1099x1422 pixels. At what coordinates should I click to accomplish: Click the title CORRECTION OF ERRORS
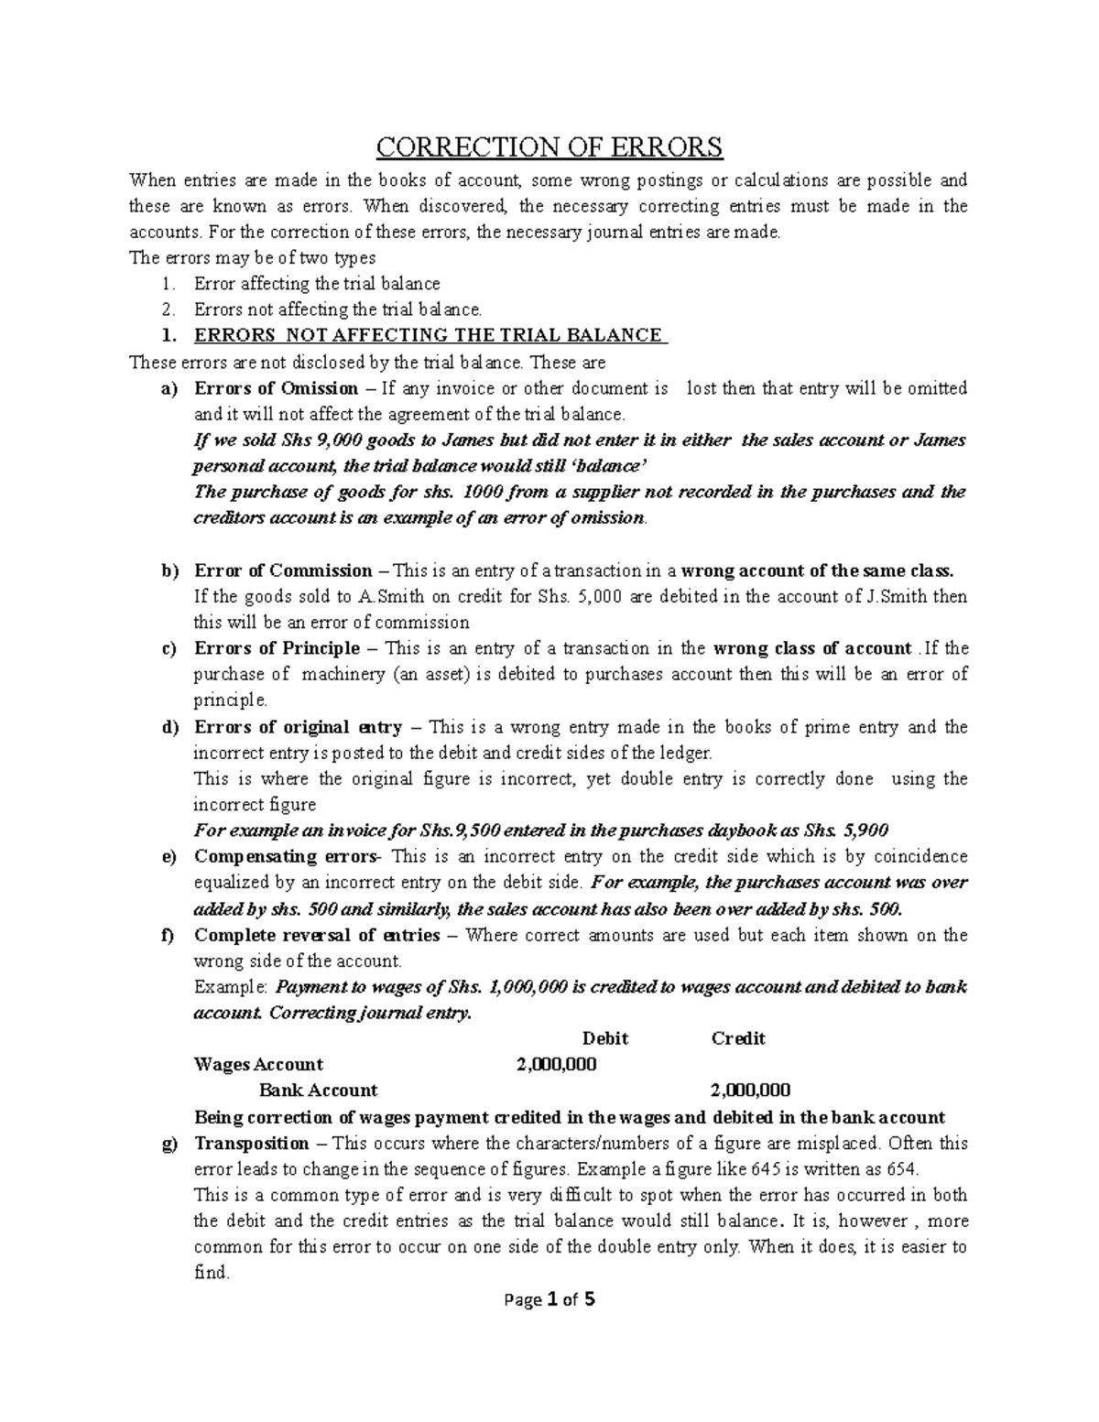(x=549, y=147)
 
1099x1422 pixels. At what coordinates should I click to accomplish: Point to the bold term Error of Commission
(x=283, y=570)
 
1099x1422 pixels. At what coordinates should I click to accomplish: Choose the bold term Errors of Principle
(x=277, y=648)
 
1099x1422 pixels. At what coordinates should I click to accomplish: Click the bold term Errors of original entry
(x=298, y=727)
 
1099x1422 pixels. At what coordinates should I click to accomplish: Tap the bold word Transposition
(x=252, y=1143)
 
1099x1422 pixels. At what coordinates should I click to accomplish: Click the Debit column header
(x=605, y=1038)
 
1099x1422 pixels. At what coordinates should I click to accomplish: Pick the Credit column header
(x=738, y=1038)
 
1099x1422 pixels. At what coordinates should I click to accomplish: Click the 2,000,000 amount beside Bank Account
(x=751, y=1091)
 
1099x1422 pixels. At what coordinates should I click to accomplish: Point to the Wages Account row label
(x=258, y=1064)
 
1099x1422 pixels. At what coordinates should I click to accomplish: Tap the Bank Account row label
(x=318, y=1091)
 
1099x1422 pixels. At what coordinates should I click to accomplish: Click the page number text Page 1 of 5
(x=549, y=1299)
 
